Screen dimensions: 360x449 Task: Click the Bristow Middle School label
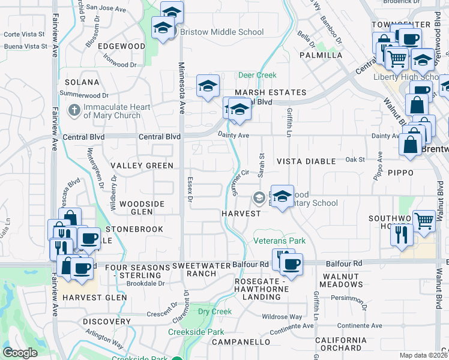coord(221,32)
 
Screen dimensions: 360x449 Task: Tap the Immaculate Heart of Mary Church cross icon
coord(74,110)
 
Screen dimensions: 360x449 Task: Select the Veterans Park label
coord(279,241)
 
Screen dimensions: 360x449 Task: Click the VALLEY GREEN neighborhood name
coord(142,166)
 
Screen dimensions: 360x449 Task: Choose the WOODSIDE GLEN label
coord(142,208)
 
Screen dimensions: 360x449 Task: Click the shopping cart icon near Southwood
coord(424,221)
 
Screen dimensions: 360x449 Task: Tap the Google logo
coord(20,352)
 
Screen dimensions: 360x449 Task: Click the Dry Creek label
coord(215,311)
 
